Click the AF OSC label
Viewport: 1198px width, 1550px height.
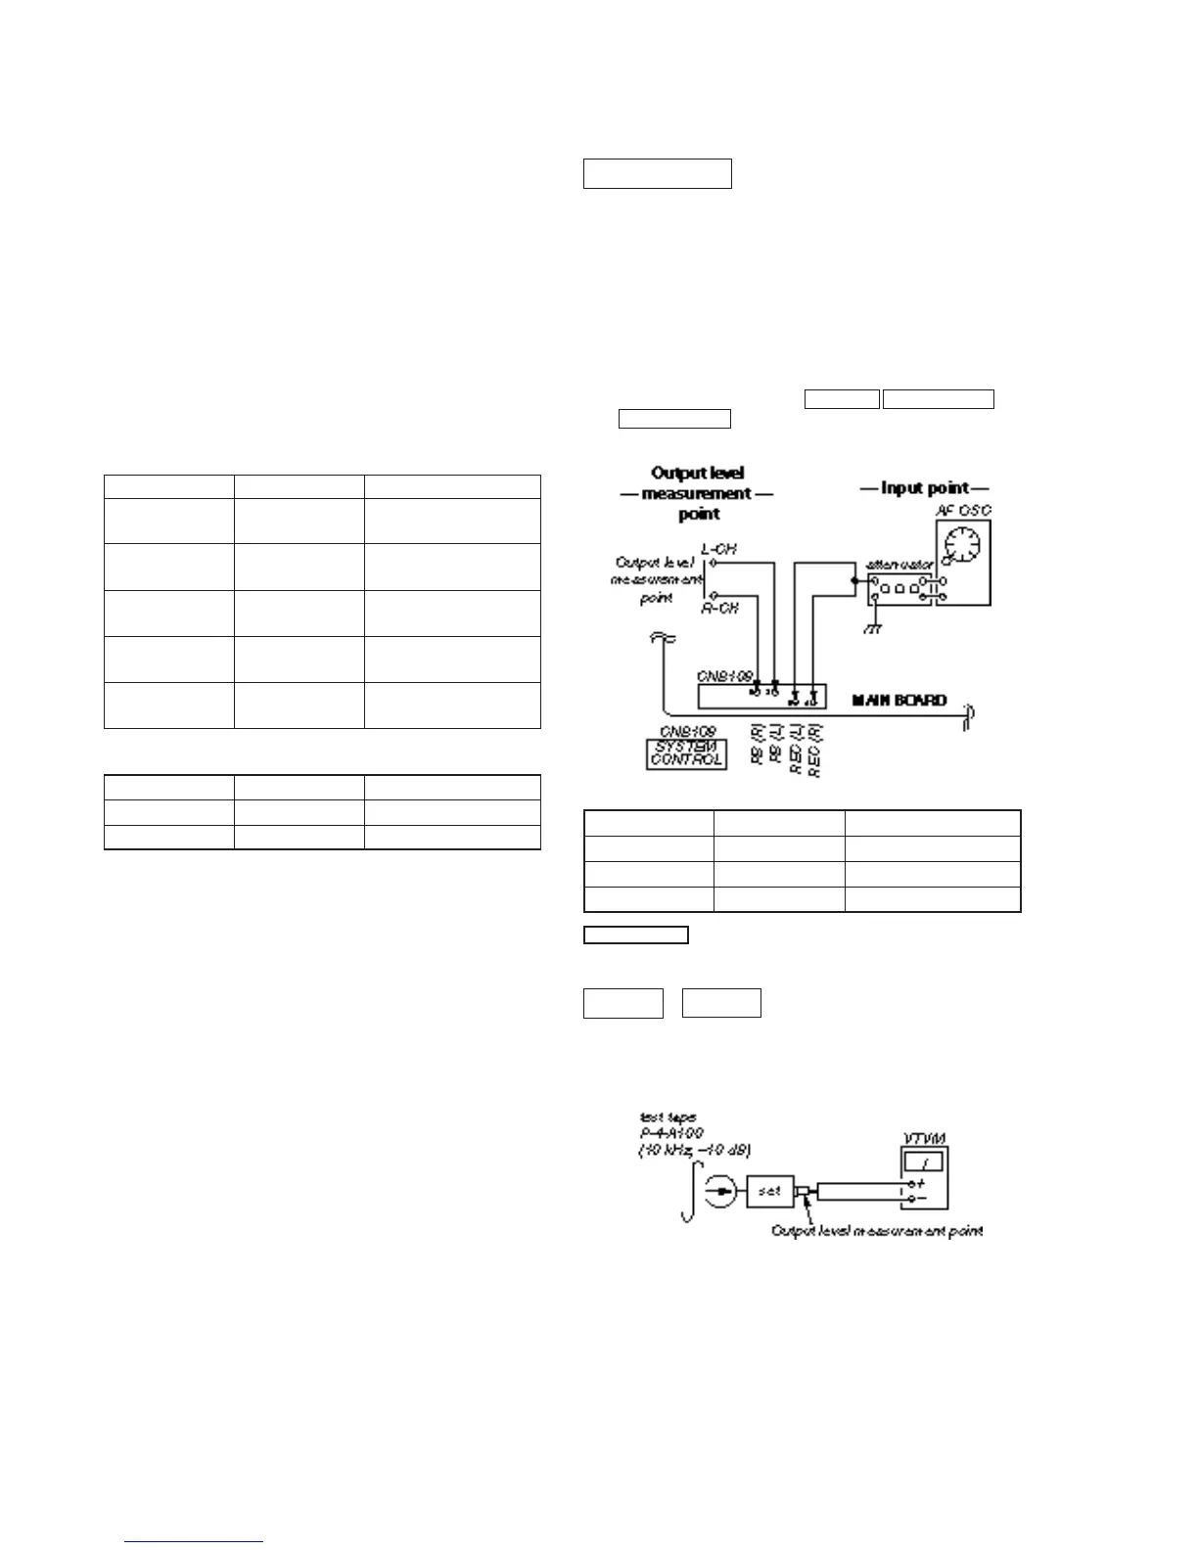coord(962,510)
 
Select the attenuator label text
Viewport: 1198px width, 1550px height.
coord(899,565)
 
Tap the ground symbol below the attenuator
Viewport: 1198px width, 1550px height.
coord(872,627)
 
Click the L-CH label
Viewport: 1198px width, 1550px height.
coord(719,549)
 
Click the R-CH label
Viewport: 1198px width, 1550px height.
coord(719,608)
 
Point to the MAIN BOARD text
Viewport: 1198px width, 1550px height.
coord(898,700)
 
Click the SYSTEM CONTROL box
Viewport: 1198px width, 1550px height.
coord(686,752)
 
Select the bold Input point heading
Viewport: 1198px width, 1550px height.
coord(924,487)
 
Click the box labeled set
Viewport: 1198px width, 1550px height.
coord(769,1191)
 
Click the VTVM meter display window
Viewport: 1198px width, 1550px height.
coord(924,1162)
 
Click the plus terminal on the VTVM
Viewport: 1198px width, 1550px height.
coord(917,1183)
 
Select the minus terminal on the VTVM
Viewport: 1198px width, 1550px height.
coord(917,1198)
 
